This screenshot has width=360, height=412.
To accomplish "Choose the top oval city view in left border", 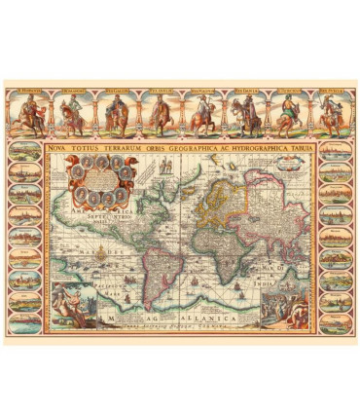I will coord(25,154).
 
